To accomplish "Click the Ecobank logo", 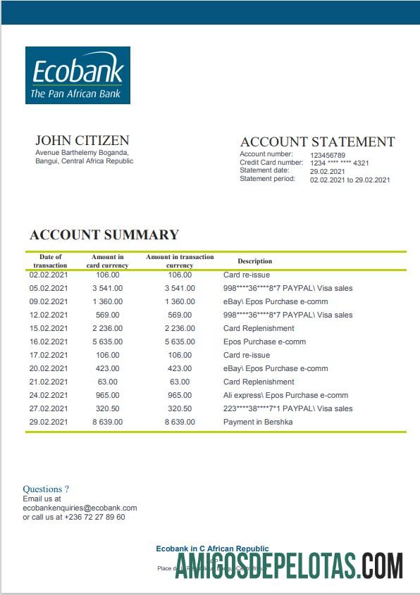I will click(78, 75).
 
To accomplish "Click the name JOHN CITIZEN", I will click(82, 140).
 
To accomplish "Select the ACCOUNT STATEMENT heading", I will click(317, 142).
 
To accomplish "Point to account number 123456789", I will click(328, 155).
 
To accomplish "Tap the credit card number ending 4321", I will click(339, 163).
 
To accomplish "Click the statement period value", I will click(350, 180).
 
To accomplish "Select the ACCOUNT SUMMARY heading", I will click(104, 235).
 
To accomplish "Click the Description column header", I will click(254, 261).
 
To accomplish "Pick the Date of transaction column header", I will click(50, 261).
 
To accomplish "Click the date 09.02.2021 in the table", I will click(49, 301).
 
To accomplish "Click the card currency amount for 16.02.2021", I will click(107, 342).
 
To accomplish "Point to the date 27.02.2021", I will click(49, 408).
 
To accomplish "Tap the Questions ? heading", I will click(46, 489).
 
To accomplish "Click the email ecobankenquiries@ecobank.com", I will click(80, 507).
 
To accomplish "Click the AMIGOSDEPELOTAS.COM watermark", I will click(289, 566).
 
